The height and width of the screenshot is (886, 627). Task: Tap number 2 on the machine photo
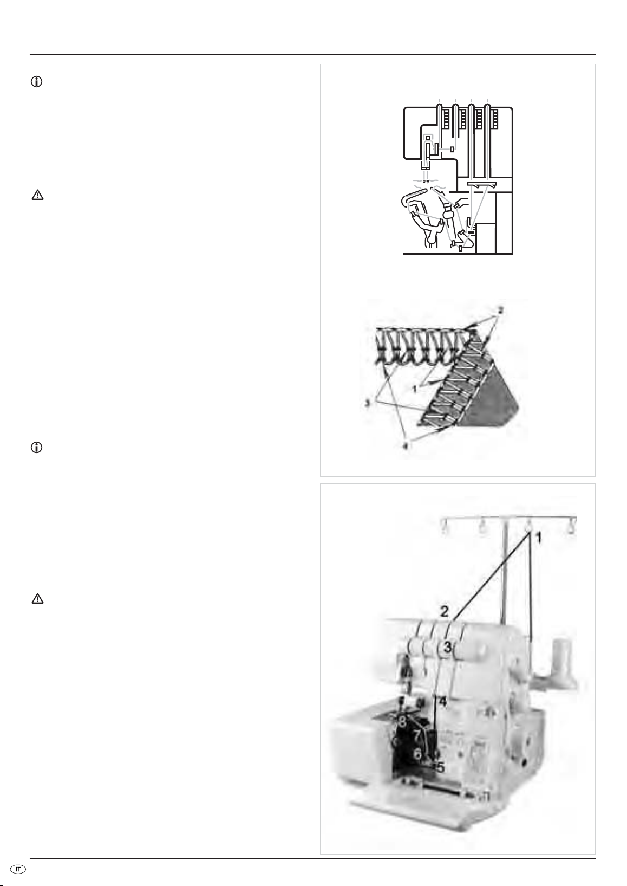point(445,612)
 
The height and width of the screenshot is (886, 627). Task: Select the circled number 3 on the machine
point(447,648)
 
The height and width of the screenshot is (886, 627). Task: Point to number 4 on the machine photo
point(443,702)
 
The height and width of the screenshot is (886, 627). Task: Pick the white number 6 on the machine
point(417,754)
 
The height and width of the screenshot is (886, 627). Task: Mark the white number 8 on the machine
point(402,721)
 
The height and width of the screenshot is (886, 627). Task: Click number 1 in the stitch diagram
point(415,389)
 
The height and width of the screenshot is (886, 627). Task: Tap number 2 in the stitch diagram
point(500,310)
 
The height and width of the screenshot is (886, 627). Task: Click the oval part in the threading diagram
point(448,214)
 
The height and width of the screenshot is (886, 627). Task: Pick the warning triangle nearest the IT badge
point(37,599)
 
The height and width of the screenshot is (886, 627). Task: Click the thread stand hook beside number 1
point(528,527)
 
